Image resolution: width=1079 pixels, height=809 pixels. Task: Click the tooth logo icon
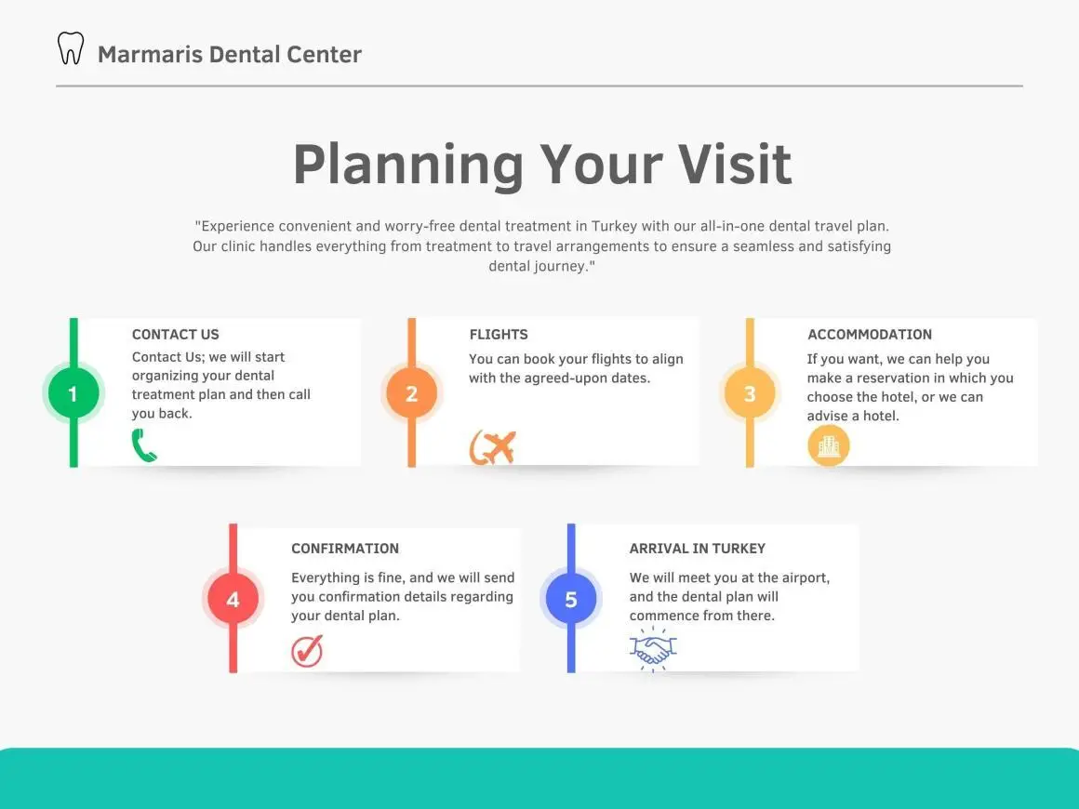click(x=70, y=48)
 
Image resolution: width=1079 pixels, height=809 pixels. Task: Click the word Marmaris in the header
click(x=150, y=54)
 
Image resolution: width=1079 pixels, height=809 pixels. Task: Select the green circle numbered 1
click(x=73, y=393)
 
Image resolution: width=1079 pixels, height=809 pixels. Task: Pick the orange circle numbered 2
click(x=411, y=393)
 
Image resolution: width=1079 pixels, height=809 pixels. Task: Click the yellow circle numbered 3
click(x=750, y=393)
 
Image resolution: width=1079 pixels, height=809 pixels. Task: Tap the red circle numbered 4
click(x=233, y=600)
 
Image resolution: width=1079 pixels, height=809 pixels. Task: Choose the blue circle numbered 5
click(x=571, y=600)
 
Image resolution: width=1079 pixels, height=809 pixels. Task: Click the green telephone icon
click(x=144, y=445)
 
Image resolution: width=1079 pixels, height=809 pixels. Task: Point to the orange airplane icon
click(x=493, y=447)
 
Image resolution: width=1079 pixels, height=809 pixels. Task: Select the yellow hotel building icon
click(x=829, y=445)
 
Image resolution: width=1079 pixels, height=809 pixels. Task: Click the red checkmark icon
click(x=307, y=650)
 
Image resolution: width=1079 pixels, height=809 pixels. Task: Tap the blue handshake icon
click(x=653, y=649)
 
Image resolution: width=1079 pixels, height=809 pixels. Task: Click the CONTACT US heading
click(x=176, y=335)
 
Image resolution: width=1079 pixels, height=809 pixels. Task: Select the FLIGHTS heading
click(x=499, y=335)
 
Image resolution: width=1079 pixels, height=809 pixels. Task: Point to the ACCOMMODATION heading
click(x=870, y=335)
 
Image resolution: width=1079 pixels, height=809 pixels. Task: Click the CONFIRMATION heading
click(x=345, y=549)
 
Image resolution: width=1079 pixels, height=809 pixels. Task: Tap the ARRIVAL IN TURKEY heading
click(x=697, y=549)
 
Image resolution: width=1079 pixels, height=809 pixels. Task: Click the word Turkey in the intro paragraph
click(x=615, y=226)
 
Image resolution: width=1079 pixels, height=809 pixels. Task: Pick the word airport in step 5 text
click(x=806, y=578)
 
